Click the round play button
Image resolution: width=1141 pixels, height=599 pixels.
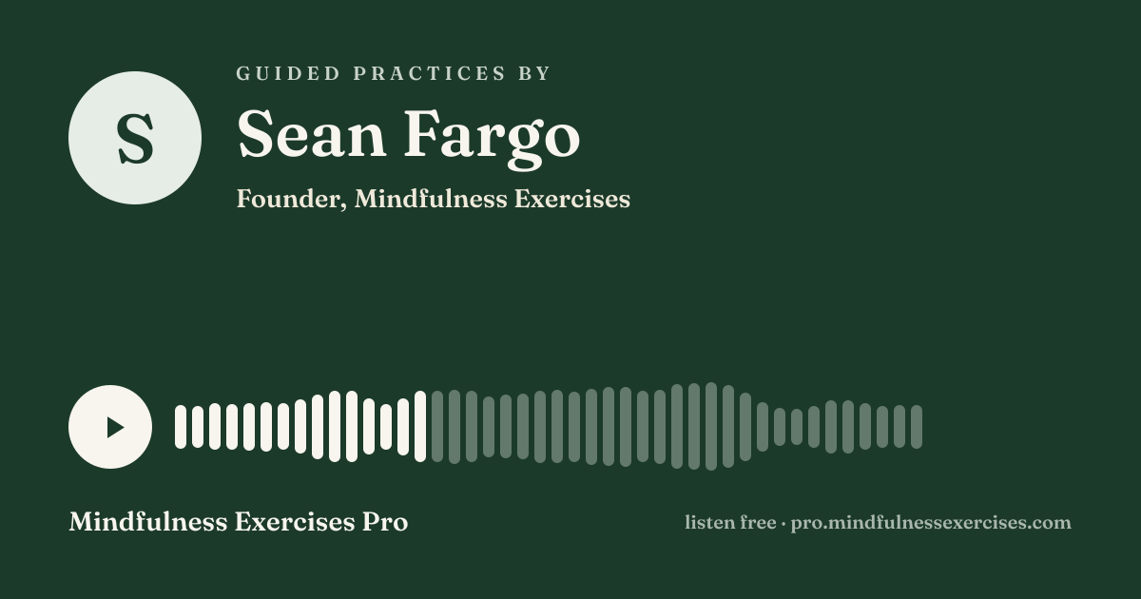pos(110,427)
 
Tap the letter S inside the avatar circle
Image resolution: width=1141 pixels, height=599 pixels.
pos(135,138)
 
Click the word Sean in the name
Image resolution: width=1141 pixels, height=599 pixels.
pos(311,133)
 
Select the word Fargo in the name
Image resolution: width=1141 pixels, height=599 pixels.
pos(493,139)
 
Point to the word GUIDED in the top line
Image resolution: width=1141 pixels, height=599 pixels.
pos(288,73)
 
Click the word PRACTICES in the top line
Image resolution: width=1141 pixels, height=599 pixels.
pos(430,73)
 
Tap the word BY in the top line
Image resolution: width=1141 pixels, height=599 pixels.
pos(534,73)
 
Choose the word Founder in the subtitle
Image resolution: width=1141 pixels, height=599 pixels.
pos(291,199)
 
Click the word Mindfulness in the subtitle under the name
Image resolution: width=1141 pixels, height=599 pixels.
pos(431,198)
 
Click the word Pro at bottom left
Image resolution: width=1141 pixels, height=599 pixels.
pos(385,522)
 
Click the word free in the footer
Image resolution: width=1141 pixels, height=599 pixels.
pos(759,522)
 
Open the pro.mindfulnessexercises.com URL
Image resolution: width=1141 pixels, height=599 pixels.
pos(931,523)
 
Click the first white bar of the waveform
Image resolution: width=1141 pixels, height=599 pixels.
pos(181,427)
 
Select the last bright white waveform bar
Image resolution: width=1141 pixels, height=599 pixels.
pos(420,426)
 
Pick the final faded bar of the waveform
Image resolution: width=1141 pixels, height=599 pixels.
pos(917,427)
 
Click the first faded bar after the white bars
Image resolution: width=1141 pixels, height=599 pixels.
pos(437,426)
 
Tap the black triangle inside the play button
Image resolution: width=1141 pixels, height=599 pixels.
pos(115,427)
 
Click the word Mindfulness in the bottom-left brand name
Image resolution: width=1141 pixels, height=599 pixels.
pos(148,522)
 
